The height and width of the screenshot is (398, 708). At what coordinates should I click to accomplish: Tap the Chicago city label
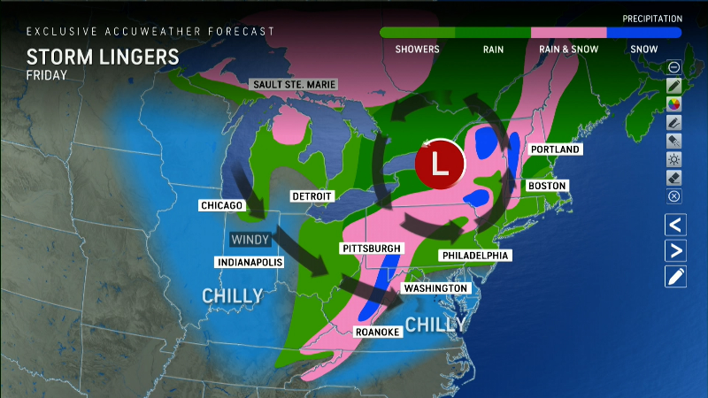pos(221,205)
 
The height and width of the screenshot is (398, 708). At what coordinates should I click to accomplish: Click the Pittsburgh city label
pos(372,249)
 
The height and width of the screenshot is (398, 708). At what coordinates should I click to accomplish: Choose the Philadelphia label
pos(474,256)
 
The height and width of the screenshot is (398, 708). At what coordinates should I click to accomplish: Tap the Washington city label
pos(435,289)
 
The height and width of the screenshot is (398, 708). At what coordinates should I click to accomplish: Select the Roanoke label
pos(378,332)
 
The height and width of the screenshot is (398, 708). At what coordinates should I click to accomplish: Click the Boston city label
pos(545,186)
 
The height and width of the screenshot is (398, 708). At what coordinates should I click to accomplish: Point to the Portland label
pos(556,149)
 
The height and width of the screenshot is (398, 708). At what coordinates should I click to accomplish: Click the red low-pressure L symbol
pos(440,164)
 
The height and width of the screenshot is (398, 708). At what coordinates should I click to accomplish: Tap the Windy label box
pos(250,240)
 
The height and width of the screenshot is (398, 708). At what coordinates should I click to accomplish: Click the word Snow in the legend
pos(643,50)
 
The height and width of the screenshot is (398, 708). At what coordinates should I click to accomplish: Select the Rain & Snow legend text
pos(568,50)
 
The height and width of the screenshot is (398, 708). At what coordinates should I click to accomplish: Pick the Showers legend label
pos(417,50)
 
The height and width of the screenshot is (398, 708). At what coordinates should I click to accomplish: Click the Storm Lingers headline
pos(103,57)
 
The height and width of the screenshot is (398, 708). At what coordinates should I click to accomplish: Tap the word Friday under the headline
pos(48,76)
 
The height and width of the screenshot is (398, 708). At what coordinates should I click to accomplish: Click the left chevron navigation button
pos(675,225)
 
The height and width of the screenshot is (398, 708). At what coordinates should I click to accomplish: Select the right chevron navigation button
pos(675,250)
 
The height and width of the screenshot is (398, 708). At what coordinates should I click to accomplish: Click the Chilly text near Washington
pos(435,325)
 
